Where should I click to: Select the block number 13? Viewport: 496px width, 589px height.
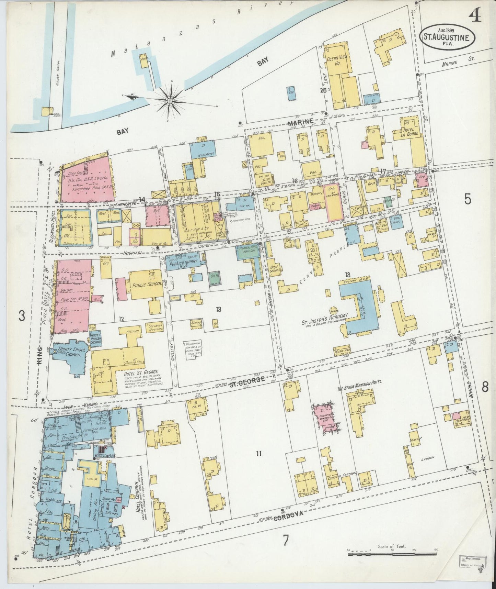(x=219, y=309)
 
